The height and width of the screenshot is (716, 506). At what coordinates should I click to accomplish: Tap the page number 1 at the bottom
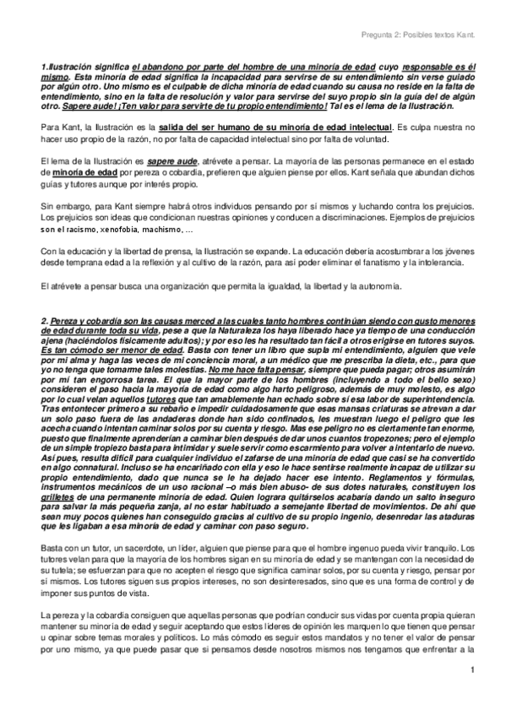pos(476,694)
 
